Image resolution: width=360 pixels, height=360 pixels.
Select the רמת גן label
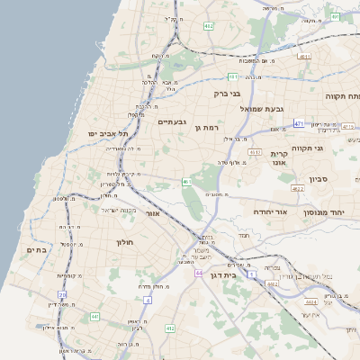click(207, 128)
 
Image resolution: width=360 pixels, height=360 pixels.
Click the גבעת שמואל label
click(262, 109)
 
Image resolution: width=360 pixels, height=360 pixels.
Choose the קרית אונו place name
click(278, 159)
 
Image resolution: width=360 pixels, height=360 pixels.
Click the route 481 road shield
click(233, 76)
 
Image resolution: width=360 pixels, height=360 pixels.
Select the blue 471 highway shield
click(299, 123)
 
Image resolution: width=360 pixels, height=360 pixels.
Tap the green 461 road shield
click(187, 183)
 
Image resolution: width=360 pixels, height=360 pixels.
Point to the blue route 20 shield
click(62, 294)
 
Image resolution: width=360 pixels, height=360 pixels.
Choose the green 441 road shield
click(94, 317)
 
